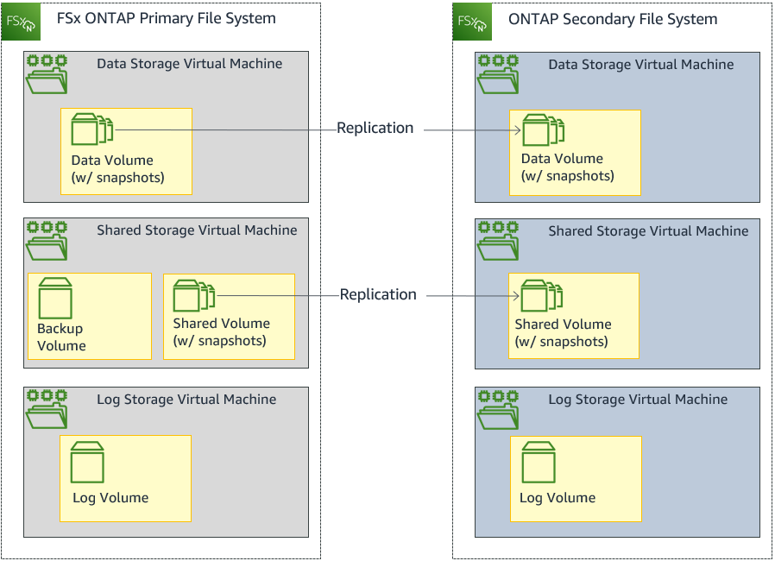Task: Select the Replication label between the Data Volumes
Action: (375, 128)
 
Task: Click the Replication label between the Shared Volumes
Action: (378, 294)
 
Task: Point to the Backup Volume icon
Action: (55, 299)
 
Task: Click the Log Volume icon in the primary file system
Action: (87, 463)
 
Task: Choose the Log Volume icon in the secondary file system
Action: (538, 463)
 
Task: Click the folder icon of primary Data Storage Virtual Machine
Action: (47, 74)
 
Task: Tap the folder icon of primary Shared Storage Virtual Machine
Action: (47, 241)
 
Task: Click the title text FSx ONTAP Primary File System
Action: (166, 18)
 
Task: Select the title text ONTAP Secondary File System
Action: (613, 19)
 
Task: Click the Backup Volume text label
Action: (61, 337)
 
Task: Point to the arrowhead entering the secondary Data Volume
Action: (517, 131)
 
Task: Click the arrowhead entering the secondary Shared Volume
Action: (516, 296)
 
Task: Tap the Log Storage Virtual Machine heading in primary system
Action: (186, 400)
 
